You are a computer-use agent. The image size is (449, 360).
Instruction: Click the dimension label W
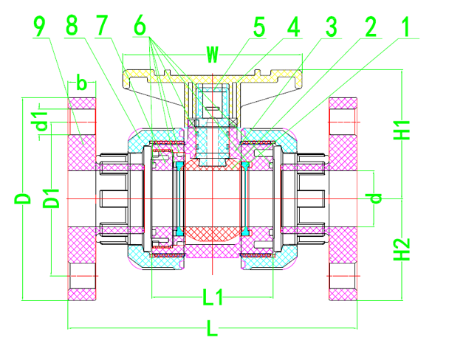point(213,55)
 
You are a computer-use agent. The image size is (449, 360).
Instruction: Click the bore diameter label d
point(376,198)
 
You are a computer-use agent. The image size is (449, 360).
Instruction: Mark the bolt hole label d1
point(44,119)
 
